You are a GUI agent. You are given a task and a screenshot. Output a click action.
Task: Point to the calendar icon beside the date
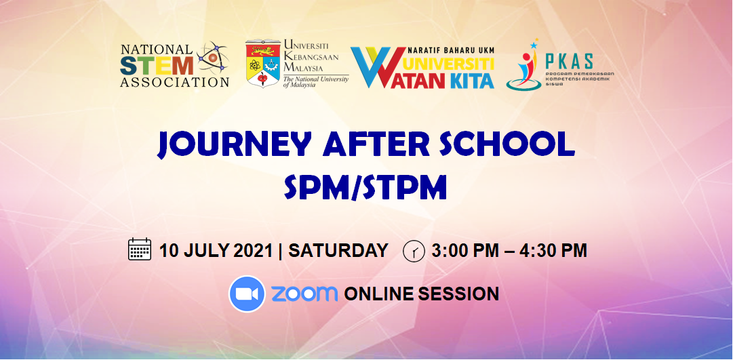[x=140, y=249]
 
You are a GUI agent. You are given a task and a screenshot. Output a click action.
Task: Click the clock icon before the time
[x=413, y=251]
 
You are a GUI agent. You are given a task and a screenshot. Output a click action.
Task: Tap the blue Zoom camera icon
[x=247, y=294]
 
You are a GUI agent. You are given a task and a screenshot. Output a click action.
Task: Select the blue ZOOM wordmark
[x=304, y=294]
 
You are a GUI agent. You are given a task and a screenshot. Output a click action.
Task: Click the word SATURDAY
[x=338, y=250]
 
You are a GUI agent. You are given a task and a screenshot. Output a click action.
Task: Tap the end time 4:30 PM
[x=553, y=250]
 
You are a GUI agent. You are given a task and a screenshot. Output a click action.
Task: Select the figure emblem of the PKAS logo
[x=524, y=68]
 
